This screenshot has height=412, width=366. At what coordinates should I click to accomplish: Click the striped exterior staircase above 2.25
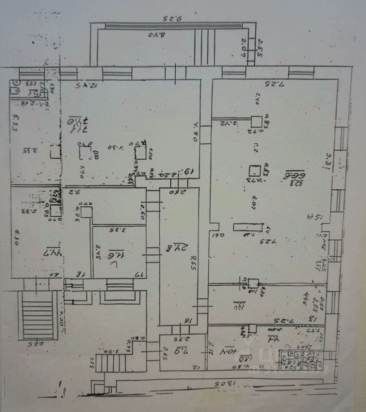pyautogui.click(x=39, y=315)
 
